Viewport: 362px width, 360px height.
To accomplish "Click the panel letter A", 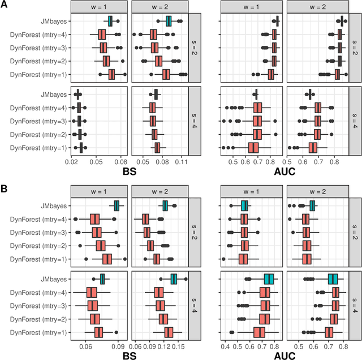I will coord(5,5).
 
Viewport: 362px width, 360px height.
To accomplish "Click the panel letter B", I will coord(5,185).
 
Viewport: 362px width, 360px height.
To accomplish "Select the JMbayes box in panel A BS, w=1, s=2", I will coord(111,22).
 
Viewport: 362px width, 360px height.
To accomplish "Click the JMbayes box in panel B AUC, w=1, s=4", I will coord(269,278).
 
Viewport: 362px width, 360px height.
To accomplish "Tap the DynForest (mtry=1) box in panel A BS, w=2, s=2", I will coord(166,74).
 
